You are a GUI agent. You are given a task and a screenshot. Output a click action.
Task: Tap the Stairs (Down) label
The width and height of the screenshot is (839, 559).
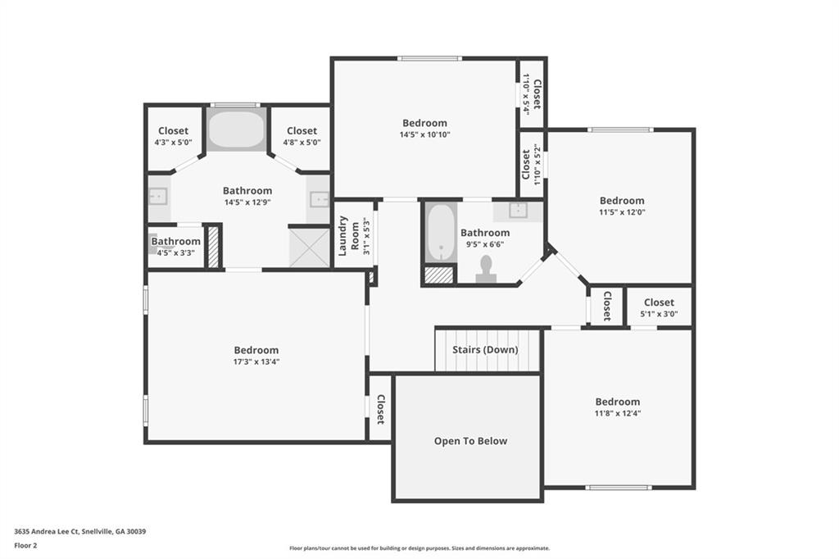click(x=485, y=350)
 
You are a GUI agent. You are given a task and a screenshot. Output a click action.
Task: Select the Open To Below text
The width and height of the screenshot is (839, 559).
click(x=470, y=441)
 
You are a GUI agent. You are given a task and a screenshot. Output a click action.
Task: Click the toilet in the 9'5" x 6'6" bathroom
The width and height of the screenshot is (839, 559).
click(x=486, y=269)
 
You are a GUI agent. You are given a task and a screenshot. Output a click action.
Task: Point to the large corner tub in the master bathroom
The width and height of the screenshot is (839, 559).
click(x=236, y=129)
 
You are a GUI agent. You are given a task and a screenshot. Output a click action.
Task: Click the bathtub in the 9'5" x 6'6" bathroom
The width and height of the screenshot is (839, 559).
click(x=441, y=233)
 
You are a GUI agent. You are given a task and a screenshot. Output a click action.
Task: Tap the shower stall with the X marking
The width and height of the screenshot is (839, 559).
click(x=309, y=248)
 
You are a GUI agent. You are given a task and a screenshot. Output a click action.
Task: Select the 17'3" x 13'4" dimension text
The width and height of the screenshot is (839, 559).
click(x=256, y=361)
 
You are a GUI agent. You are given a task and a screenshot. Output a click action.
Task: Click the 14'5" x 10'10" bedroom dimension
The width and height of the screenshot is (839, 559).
click(x=424, y=134)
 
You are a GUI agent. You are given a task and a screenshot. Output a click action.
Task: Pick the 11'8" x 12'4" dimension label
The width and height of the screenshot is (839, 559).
click(x=618, y=413)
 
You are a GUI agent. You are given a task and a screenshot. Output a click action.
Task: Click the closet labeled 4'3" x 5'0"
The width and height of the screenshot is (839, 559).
click(x=174, y=136)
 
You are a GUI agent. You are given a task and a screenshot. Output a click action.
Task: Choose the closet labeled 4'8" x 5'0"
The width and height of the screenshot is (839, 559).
click(x=302, y=136)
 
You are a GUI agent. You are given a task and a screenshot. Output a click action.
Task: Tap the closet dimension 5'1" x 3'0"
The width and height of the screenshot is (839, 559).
click(x=659, y=314)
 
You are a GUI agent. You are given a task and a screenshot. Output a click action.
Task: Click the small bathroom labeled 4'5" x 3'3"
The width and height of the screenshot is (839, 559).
click(x=175, y=246)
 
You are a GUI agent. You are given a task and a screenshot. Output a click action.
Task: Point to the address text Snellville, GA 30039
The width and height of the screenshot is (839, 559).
click(x=113, y=532)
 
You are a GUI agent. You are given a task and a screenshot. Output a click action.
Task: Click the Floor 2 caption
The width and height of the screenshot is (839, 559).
click(x=25, y=546)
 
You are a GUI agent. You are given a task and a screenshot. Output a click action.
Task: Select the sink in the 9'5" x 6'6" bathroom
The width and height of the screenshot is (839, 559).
click(x=518, y=211)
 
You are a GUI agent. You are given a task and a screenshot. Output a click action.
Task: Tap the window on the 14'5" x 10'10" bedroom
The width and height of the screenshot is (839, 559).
click(x=429, y=58)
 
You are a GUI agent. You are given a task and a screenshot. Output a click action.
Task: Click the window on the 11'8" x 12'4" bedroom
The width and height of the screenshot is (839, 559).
click(x=619, y=487)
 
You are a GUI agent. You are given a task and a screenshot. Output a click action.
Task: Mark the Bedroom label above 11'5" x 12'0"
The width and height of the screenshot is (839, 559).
click(x=622, y=201)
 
